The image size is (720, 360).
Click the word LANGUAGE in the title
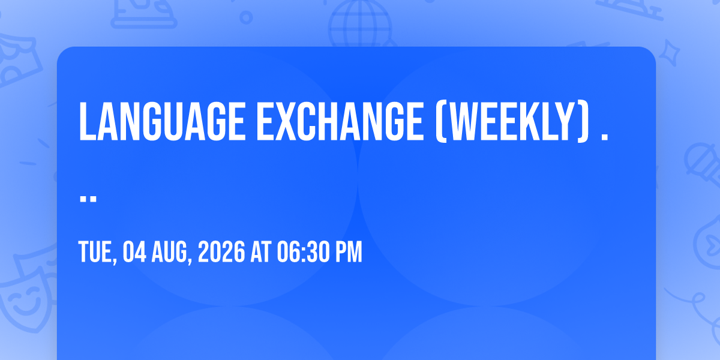pos(163,121)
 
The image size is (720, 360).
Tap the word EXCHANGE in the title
pos(340,121)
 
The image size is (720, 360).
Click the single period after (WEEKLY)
pos(604,137)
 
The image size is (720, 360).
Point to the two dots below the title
pos(88,199)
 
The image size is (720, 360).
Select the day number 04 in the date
pos(134,251)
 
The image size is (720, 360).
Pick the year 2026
pos(221,251)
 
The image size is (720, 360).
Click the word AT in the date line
pos(261,251)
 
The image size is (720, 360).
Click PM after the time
pos(349,251)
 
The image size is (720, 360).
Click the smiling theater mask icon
pos(24,299)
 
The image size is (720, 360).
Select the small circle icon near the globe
pos(246,17)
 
